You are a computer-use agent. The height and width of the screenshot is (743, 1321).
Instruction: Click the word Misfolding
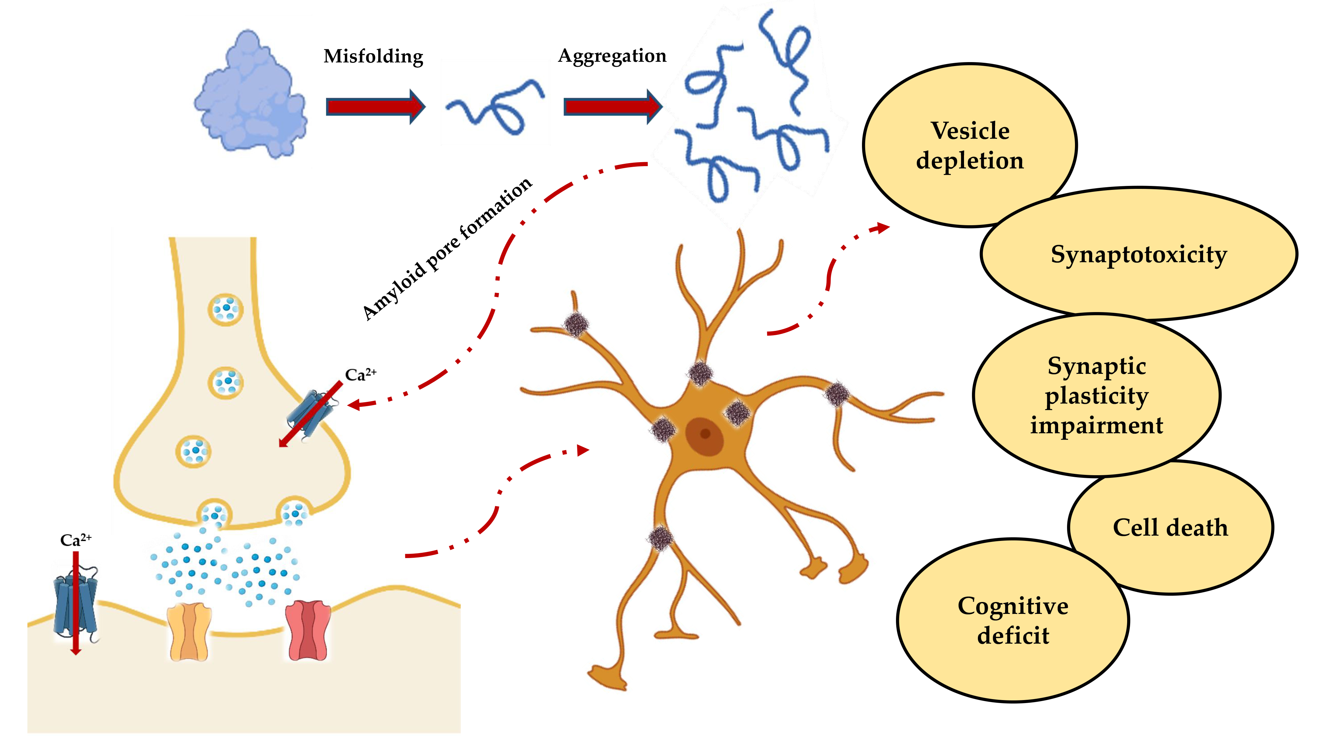click(373, 56)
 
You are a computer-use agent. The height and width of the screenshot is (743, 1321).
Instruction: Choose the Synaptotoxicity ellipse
click(1138, 254)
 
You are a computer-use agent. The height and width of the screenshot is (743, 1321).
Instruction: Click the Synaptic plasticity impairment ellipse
click(1096, 395)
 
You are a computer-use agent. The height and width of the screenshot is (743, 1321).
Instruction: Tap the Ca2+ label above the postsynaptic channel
click(75, 540)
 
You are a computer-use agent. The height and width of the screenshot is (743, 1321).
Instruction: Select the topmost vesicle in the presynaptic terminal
click(226, 309)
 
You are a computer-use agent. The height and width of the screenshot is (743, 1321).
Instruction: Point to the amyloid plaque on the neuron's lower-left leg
click(660, 538)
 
